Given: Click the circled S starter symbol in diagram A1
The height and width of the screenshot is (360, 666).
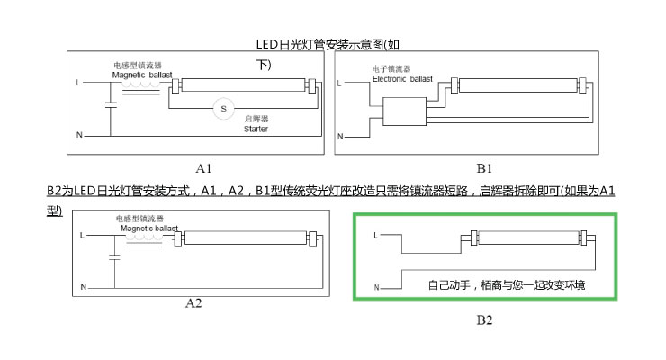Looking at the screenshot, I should [x=216, y=109].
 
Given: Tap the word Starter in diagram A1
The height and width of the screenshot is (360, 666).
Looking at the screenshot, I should [x=256, y=130].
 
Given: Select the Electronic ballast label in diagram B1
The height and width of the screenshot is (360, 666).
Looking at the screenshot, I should [x=402, y=79].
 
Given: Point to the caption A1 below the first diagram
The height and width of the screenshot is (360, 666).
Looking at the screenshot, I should [x=204, y=168].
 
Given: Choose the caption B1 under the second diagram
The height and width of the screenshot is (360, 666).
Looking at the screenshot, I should [x=484, y=168].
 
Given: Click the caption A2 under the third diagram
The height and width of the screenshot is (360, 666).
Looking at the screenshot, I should [x=193, y=303].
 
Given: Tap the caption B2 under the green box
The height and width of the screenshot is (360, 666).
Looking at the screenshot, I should [x=484, y=319].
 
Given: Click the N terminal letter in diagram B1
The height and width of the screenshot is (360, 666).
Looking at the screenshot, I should [x=339, y=137].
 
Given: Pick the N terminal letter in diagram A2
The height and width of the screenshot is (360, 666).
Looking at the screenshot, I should [x=83, y=286].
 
